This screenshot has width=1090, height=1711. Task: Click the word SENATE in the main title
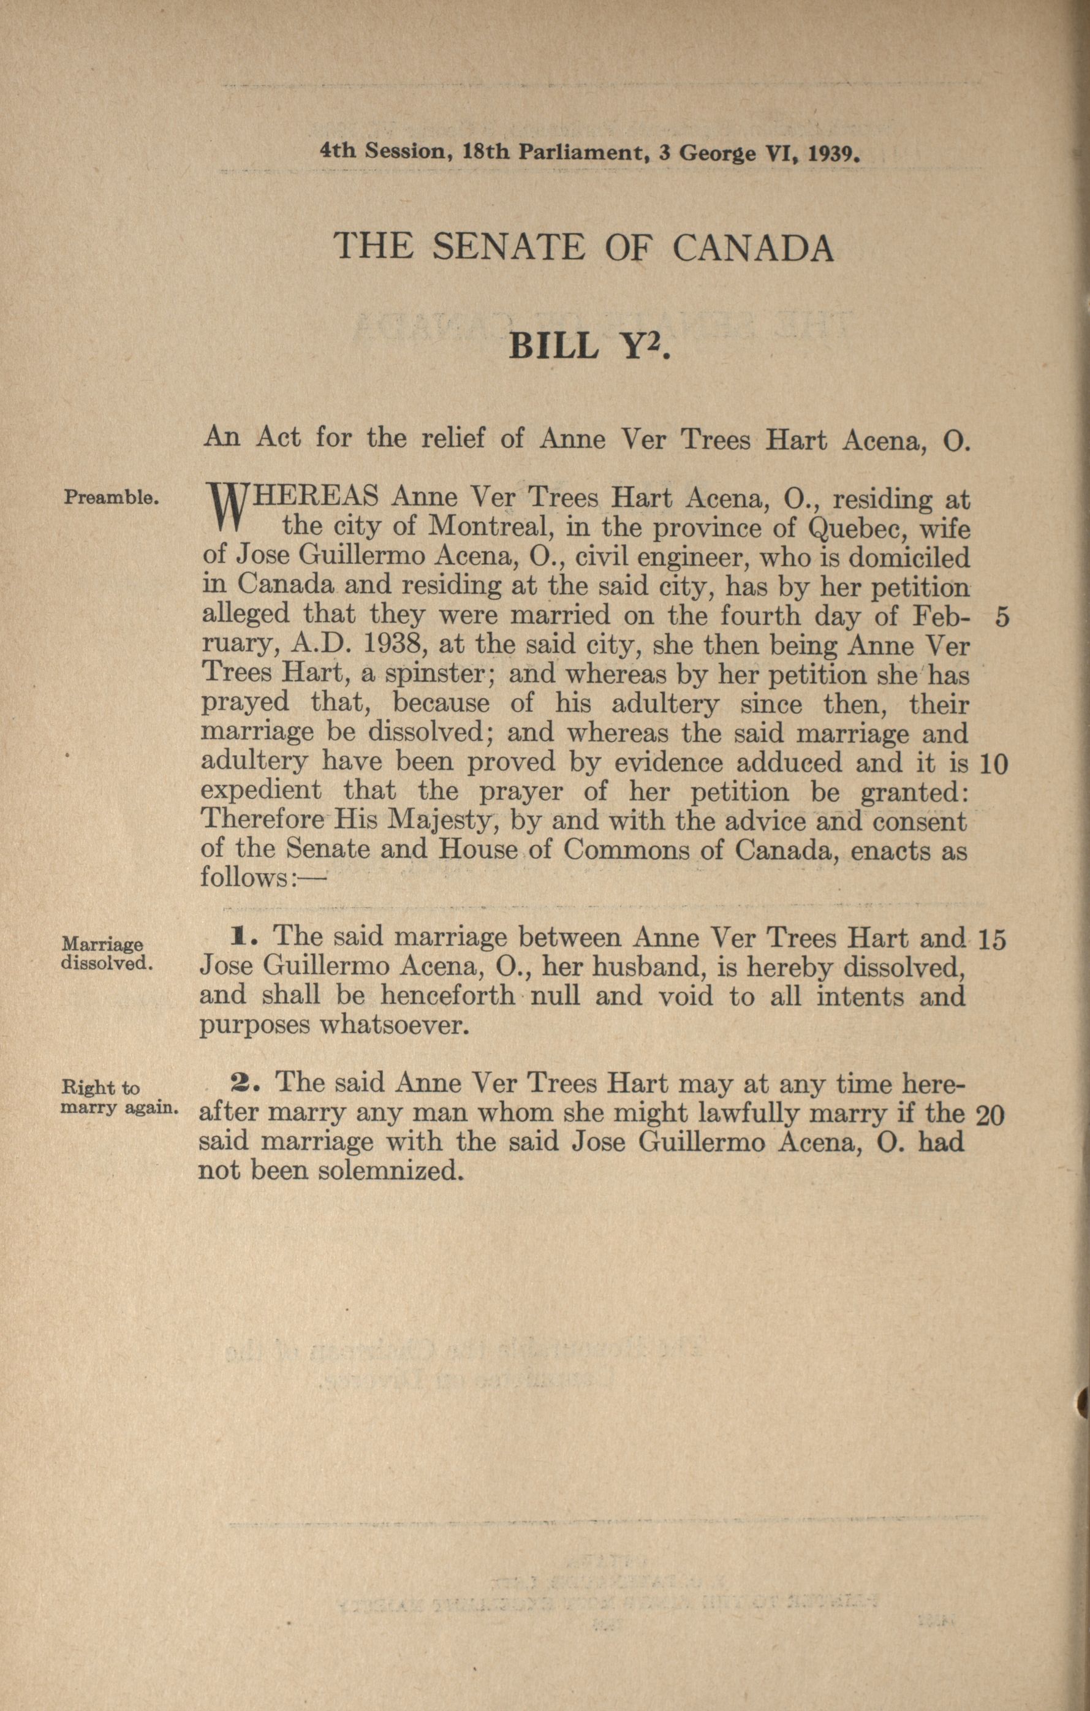(507, 247)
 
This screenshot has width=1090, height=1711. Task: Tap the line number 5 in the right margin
(1001, 618)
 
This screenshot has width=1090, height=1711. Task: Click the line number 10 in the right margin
(993, 764)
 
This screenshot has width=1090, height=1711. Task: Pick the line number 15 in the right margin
(992, 940)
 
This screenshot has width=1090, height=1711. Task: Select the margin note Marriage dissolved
(106, 954)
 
